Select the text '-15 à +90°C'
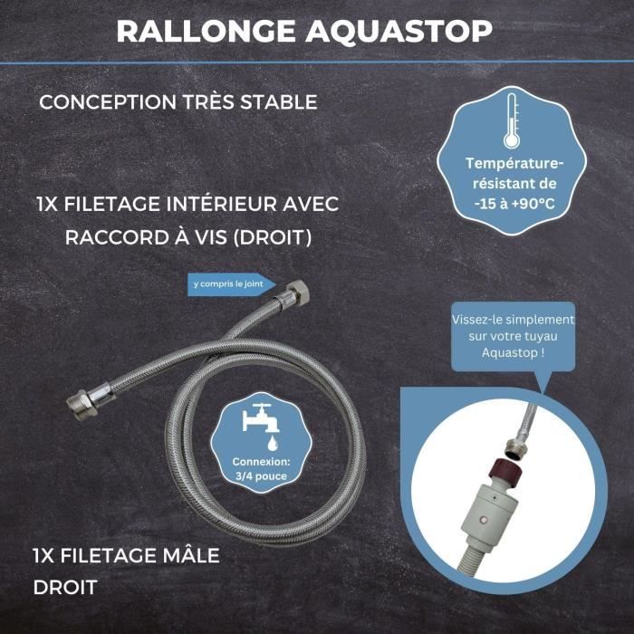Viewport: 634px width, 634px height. [x=514, y=204]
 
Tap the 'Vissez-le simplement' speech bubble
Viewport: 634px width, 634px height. [x=513, y=335]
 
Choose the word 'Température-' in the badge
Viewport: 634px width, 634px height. [x=514, y=163]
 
